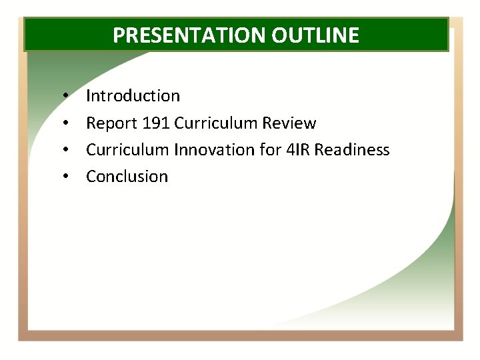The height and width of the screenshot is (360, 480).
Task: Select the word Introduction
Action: (x=133, y=96)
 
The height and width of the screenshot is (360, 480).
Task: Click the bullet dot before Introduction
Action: (x=66, y=97)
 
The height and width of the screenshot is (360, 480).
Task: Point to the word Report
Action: (x=107, y=123)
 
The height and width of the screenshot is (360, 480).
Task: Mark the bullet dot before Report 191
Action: (x=66, y=124)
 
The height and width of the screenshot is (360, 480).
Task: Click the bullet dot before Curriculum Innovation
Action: (x=66, y=151)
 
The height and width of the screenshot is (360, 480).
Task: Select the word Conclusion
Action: (x=127, y=177)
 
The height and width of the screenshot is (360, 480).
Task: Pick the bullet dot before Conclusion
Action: (x=66, y=177)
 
